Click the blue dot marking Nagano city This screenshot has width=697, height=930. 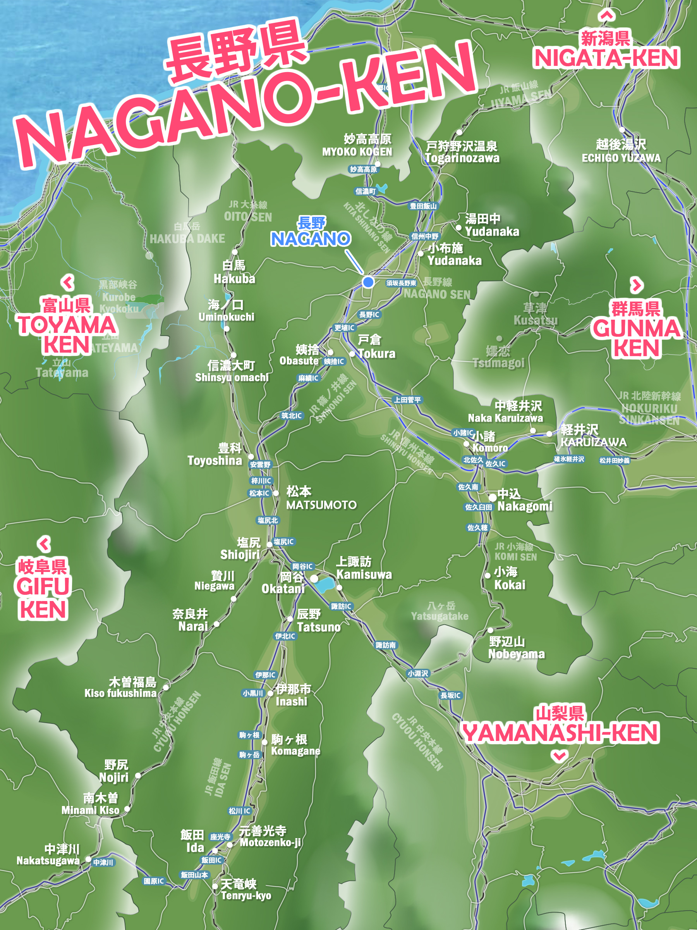tap(368, 282)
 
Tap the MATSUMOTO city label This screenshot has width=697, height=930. tap(321, 505)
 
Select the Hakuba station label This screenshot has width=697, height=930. tap(234, 279)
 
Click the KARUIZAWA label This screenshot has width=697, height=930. tap(593, 442)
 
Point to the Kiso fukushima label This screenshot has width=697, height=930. tap(120, 693)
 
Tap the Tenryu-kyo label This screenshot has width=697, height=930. tap(246, 896)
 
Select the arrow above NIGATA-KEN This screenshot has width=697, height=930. tap(606, 15)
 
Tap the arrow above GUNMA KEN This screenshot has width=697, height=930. tap(637, 286)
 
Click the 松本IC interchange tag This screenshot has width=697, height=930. tap(259, 493)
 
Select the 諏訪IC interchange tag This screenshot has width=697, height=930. tap(341, 606)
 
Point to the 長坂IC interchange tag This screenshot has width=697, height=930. tap(450, 696)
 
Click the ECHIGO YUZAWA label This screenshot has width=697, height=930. tap(621, 158)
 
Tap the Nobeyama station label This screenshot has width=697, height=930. tap(516, 654)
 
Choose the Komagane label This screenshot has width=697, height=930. tap(295, 751)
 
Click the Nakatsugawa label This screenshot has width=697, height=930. tap(48, 861)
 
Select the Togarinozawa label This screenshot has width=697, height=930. tap(462, 158)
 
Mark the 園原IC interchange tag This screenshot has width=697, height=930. tap(154, 881)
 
